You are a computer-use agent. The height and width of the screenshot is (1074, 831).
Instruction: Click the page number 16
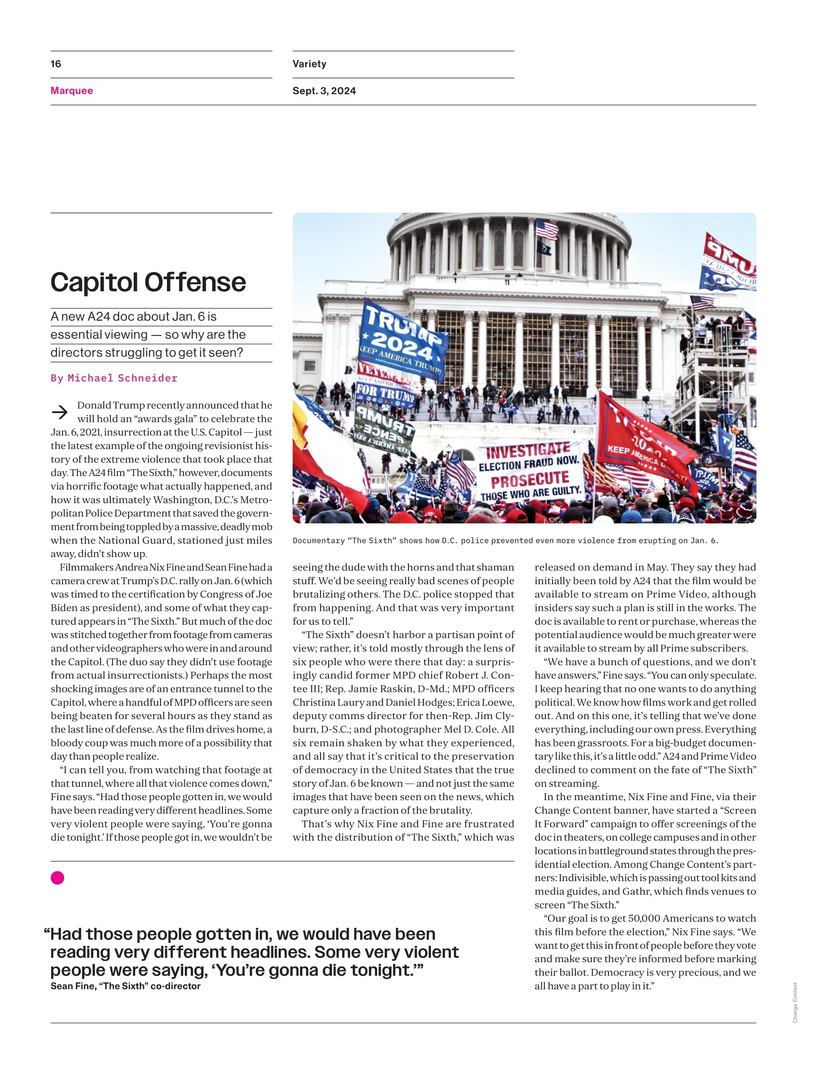click(x=56, y=64)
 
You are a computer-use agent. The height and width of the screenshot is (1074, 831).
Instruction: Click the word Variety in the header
click(x=309, y=64)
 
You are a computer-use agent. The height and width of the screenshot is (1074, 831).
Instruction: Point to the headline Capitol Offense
click(x=148, y=283)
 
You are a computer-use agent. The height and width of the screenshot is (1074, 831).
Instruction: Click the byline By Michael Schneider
click(x=114, y=378)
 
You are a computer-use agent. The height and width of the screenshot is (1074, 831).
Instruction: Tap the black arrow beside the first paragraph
click(x=60, y=412)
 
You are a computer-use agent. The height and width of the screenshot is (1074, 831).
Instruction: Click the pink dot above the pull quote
click(x=58, y=878)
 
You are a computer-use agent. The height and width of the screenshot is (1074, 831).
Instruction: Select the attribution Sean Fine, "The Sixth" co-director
click(x=125, y=986)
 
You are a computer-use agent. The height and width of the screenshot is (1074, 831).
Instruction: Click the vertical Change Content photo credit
click(x=795, y=1003)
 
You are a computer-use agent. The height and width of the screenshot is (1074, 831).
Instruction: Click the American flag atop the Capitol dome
click(x=547, y=229)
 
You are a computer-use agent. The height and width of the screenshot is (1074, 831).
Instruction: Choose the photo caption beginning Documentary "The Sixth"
click(x=506, y=540)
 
